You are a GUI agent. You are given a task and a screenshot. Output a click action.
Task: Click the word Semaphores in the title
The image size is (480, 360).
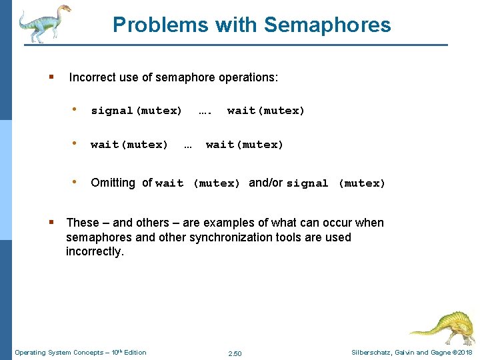click(327, 25)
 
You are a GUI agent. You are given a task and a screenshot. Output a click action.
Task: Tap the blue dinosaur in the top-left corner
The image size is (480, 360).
click(44, 23)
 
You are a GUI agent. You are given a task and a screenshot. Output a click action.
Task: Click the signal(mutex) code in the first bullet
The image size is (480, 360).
click(136, 111)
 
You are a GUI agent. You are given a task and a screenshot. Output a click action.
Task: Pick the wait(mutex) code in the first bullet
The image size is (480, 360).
click(266, 111)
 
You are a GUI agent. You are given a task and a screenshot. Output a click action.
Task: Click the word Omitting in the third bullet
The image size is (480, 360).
click(113, 183)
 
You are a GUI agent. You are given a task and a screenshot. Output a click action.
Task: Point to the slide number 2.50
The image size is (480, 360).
click(235, 353)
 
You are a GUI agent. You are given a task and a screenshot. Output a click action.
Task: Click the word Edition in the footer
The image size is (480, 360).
click(133, 353)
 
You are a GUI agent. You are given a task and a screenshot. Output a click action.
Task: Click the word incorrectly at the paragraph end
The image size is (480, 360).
click(95, 251)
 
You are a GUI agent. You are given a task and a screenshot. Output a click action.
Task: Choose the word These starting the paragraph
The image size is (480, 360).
click(83, 223)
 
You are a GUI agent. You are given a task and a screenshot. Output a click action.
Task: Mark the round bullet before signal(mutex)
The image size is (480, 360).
click(77, 110)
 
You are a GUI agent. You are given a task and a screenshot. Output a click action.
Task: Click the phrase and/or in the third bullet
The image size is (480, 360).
click(266, 183)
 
